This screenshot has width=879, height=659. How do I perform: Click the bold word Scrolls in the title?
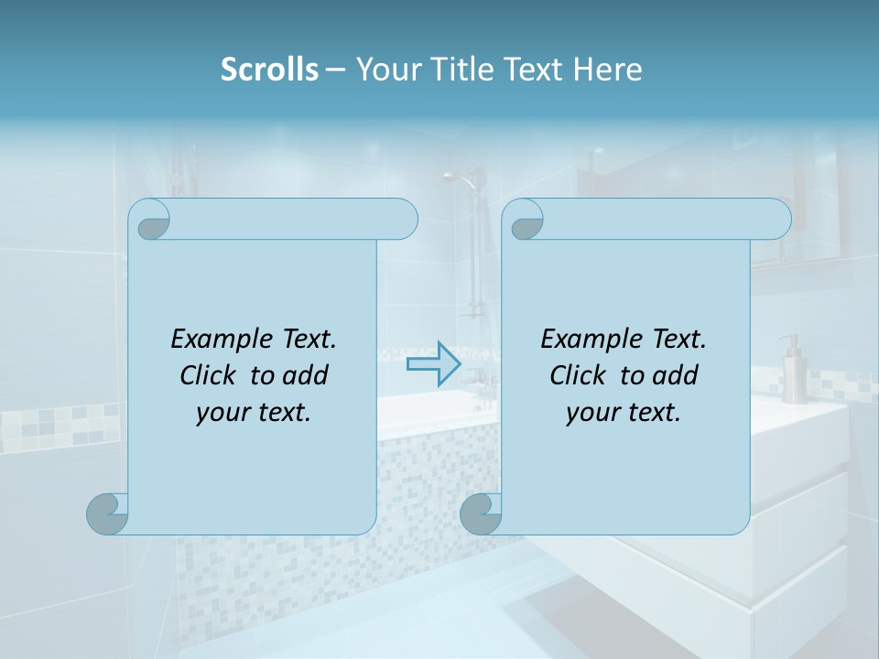click(269, 70)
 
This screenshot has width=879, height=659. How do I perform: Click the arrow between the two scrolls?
click(433, 364)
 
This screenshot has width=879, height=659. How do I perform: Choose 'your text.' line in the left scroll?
click(254, 413)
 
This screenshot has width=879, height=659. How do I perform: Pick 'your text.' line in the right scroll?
click(624, 413)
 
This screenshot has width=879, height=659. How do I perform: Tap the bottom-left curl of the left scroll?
click(108, 514)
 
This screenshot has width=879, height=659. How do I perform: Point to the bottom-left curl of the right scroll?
click(481, 514)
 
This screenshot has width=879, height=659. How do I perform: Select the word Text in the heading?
click(533, 70)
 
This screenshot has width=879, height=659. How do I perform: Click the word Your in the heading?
click(387, 70)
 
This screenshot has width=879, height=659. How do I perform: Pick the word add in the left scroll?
click(306, 375)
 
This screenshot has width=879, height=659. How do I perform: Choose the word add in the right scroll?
click(676, 375)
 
